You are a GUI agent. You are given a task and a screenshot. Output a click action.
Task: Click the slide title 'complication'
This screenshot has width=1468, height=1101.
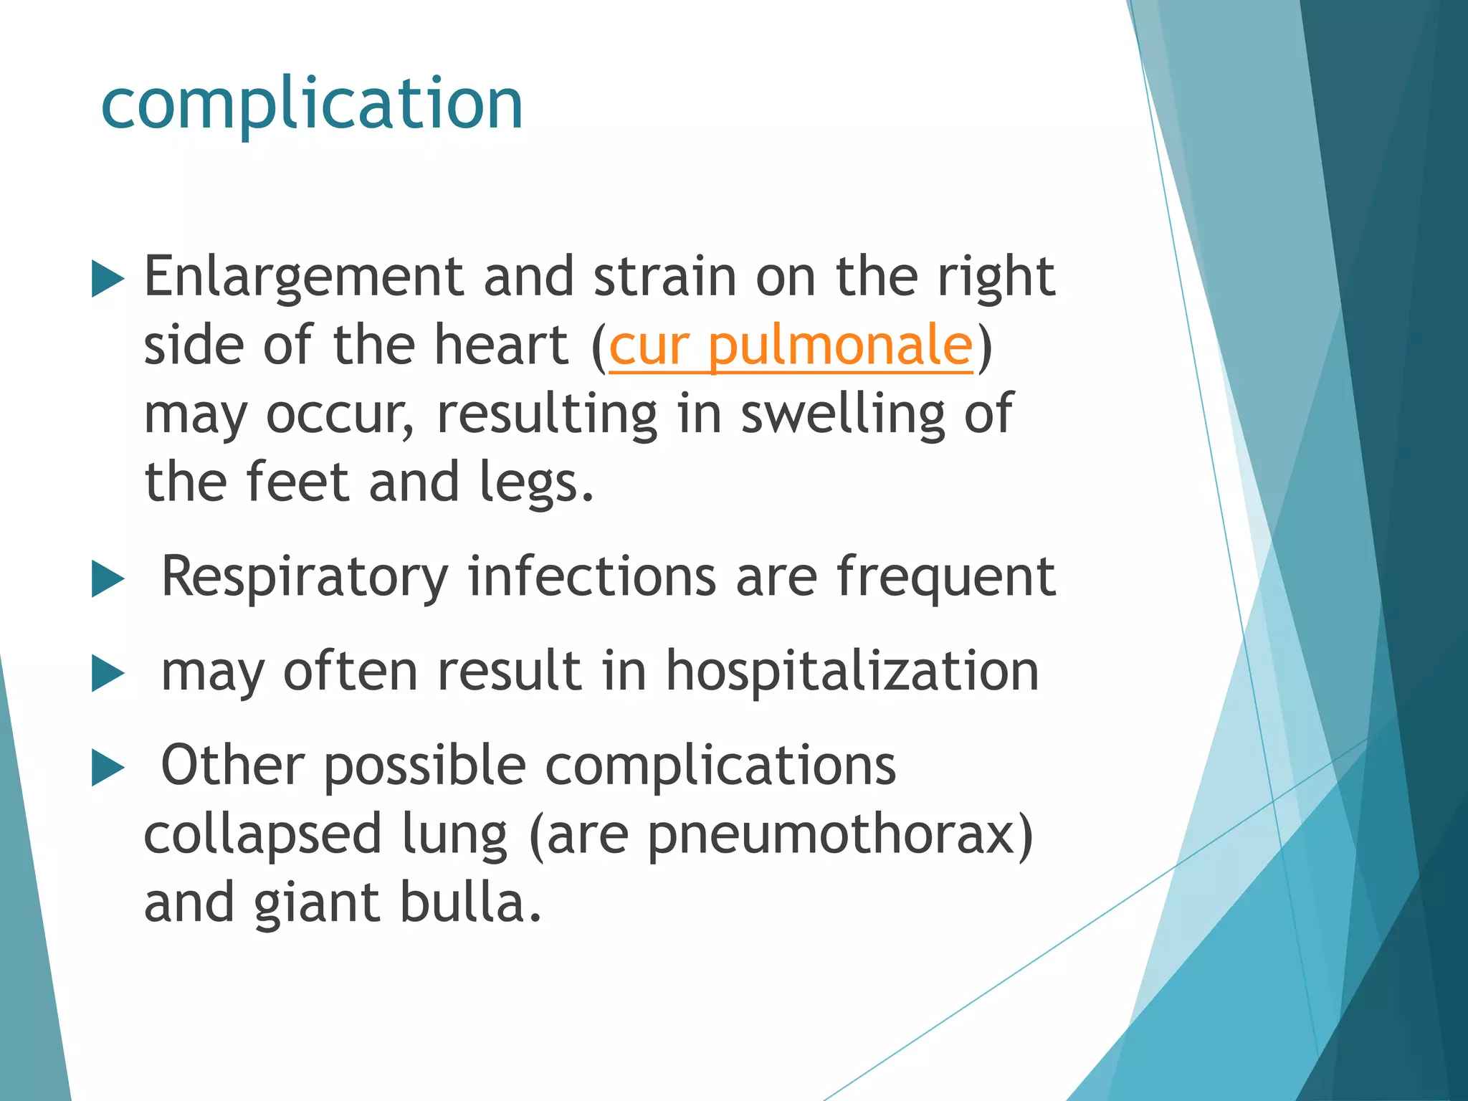click(312, 105)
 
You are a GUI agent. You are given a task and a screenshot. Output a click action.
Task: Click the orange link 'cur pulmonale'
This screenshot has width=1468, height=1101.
click(790, 346)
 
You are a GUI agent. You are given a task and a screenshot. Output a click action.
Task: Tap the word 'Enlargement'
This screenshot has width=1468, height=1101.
click(304, 277)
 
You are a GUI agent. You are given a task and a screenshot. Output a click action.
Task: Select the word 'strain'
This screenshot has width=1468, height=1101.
click(664, 277)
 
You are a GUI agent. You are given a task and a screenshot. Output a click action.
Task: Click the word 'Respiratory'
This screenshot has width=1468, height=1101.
click(305, 578)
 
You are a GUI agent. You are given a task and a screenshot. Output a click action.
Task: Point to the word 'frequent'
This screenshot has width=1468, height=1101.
click(945, 578)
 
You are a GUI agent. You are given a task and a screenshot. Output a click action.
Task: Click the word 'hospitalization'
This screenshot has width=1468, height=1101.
click(852, 672)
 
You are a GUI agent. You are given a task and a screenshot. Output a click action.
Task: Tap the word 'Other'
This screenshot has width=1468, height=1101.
click(233, 766)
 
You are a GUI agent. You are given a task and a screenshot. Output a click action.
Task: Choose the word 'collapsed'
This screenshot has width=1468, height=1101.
click(262, 835)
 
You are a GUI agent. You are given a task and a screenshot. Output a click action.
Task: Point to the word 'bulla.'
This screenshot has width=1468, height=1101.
click(470, 902)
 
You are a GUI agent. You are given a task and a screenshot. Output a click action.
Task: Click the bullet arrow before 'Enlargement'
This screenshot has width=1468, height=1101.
click(108, 279)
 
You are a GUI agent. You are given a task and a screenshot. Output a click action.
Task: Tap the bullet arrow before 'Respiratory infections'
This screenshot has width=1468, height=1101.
click(108, 579)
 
